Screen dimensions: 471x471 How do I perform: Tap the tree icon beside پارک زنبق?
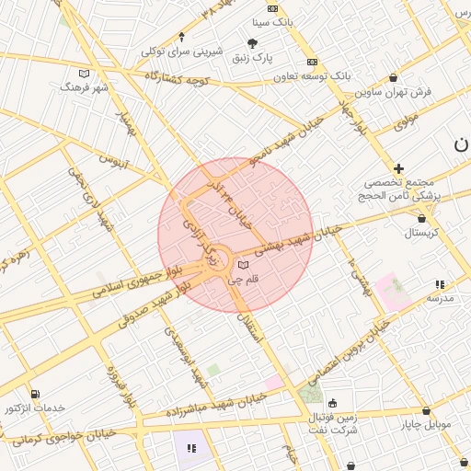tap(253, 42)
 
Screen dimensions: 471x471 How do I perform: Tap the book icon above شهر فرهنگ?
tap(85, 73)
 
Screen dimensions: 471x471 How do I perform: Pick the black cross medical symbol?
tap(398, 168)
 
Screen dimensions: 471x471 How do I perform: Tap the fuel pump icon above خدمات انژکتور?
tap(35, 394)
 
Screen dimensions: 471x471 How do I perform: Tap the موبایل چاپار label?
tap(425, 425)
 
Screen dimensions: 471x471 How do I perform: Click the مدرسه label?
tap(440, 300)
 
